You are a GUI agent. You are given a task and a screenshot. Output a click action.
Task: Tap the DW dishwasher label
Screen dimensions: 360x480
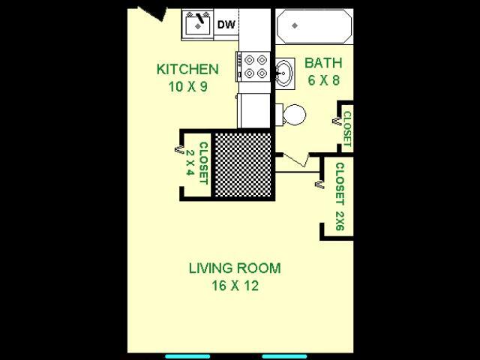point(226,25)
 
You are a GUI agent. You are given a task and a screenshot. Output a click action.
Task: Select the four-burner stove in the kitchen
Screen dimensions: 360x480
point(253,66)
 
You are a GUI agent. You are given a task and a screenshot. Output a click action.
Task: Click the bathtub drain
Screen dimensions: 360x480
point(295,25)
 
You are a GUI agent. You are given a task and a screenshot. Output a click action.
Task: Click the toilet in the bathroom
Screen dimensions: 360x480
point(291,115)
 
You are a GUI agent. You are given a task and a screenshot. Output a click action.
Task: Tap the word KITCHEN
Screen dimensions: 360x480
point(187,70)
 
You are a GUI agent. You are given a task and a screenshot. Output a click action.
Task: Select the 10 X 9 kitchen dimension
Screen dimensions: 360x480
point(187,86)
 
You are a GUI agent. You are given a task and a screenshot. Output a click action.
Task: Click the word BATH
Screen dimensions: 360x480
point(322,63)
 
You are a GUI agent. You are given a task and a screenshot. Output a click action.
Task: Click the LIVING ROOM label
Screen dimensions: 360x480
point(234,268)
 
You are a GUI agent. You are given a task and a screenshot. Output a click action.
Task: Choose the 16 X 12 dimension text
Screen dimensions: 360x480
point(234,286)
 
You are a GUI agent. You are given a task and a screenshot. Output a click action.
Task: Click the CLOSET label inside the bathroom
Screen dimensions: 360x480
point(347,128)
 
